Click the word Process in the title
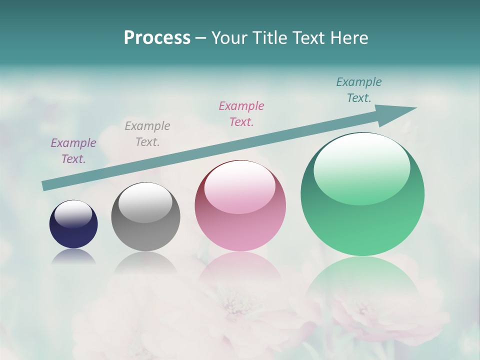click(157, 38)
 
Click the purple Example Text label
click(73, 150)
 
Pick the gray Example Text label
click(147, 133)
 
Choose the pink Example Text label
click(241, 113)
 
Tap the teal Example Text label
click(359, 89)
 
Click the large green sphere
click(362, 220)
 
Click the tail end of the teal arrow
click(46, 185)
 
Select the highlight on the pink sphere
click(239, 186)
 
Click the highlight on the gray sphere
click(145, 202)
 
